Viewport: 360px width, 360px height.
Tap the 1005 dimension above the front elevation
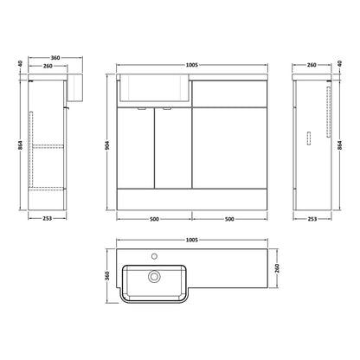click(192, 65)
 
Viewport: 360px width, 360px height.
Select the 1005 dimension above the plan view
click(192, 240)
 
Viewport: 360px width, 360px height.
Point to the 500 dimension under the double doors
click(154, 219)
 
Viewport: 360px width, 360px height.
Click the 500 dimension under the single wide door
click(229, 219)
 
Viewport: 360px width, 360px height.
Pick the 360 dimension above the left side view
click(55, 58)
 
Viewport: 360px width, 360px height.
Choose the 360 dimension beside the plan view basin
click(107, 276)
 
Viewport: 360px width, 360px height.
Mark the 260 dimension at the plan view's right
click(277, 268)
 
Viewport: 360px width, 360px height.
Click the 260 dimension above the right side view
click(312, 65)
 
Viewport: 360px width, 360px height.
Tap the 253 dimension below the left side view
click(47, 219)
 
